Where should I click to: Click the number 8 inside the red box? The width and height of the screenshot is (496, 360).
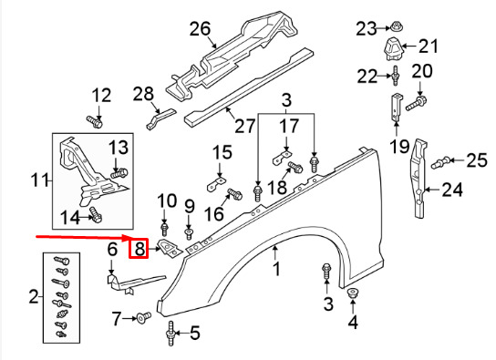coord(139,247)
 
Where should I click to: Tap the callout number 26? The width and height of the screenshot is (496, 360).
coord(201,29)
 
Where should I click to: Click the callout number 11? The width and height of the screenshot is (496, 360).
coord(37,181)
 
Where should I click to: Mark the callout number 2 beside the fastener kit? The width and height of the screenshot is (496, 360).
coord(34,296)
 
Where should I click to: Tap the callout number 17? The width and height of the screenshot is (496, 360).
coord(289,127)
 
